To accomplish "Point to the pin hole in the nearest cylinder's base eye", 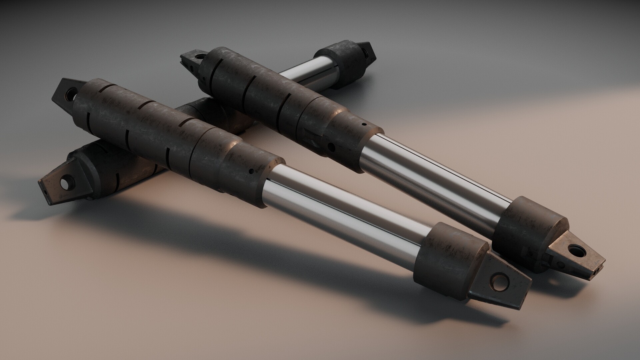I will [x=71, y=91].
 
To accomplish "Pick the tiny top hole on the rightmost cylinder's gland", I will [x=364, y=125].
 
